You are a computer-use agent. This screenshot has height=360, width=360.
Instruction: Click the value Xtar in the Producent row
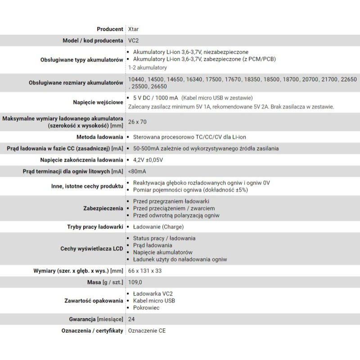click(x=133, y=29)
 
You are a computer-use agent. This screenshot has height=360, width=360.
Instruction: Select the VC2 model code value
click(x=133, y=40)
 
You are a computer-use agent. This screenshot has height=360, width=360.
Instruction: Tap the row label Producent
click(x=110, y=29)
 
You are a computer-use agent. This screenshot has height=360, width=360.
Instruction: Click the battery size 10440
click(x=137, y=79)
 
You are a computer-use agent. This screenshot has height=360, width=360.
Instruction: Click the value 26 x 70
click(x=137, y=121)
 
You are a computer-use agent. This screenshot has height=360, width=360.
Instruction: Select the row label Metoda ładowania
click(x=100, y=136)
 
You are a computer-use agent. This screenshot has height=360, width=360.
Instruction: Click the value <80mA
click(x=137, y=171)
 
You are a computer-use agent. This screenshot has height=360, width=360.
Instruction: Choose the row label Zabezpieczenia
click(x=103, y=209)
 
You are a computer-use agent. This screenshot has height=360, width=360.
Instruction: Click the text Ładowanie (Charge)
click(x=158, y=227)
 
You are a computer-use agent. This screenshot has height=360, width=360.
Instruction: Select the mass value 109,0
click(x=135, y=282)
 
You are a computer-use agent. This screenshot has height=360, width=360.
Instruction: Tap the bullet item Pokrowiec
click(x=146, y=308)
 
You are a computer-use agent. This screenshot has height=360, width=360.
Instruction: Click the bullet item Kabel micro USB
click(x=154, y=301)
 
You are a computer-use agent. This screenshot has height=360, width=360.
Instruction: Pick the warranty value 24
click(x=131, y=319)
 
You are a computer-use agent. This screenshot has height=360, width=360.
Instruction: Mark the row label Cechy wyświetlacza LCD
click(x=92, y=248)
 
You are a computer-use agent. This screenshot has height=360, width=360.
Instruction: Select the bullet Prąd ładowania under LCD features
click(x=153, y=245)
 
